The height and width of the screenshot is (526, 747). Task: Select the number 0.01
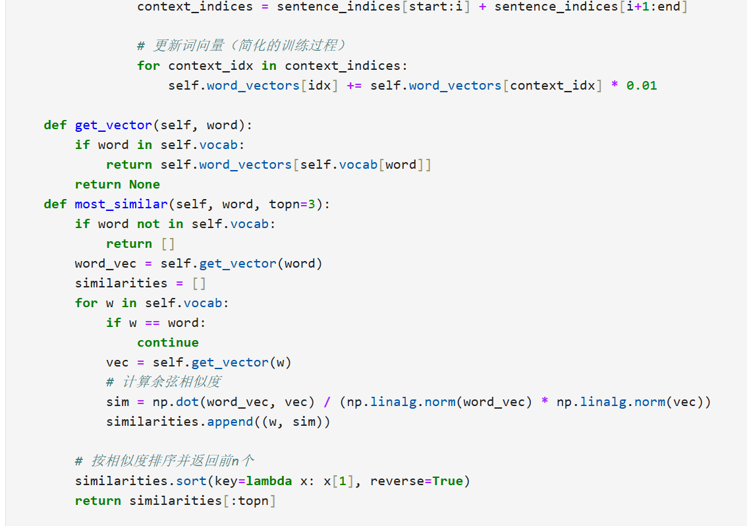click(642, 85)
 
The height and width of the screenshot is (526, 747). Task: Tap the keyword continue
click(167, 342)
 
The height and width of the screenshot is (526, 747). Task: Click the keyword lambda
click(269, 481)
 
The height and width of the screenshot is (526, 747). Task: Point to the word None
click(144, 184)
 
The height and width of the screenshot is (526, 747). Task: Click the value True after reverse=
click(448, 481)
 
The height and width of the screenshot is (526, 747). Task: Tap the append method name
click(230, 421)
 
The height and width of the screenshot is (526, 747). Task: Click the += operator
click(354, 85)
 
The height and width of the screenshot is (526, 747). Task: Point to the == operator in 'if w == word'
click(152, 322)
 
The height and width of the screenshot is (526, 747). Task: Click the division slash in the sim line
click(327, 401)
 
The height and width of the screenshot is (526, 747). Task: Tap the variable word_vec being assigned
click(105, 263)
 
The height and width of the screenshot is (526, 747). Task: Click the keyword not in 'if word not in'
click(148, 223)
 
